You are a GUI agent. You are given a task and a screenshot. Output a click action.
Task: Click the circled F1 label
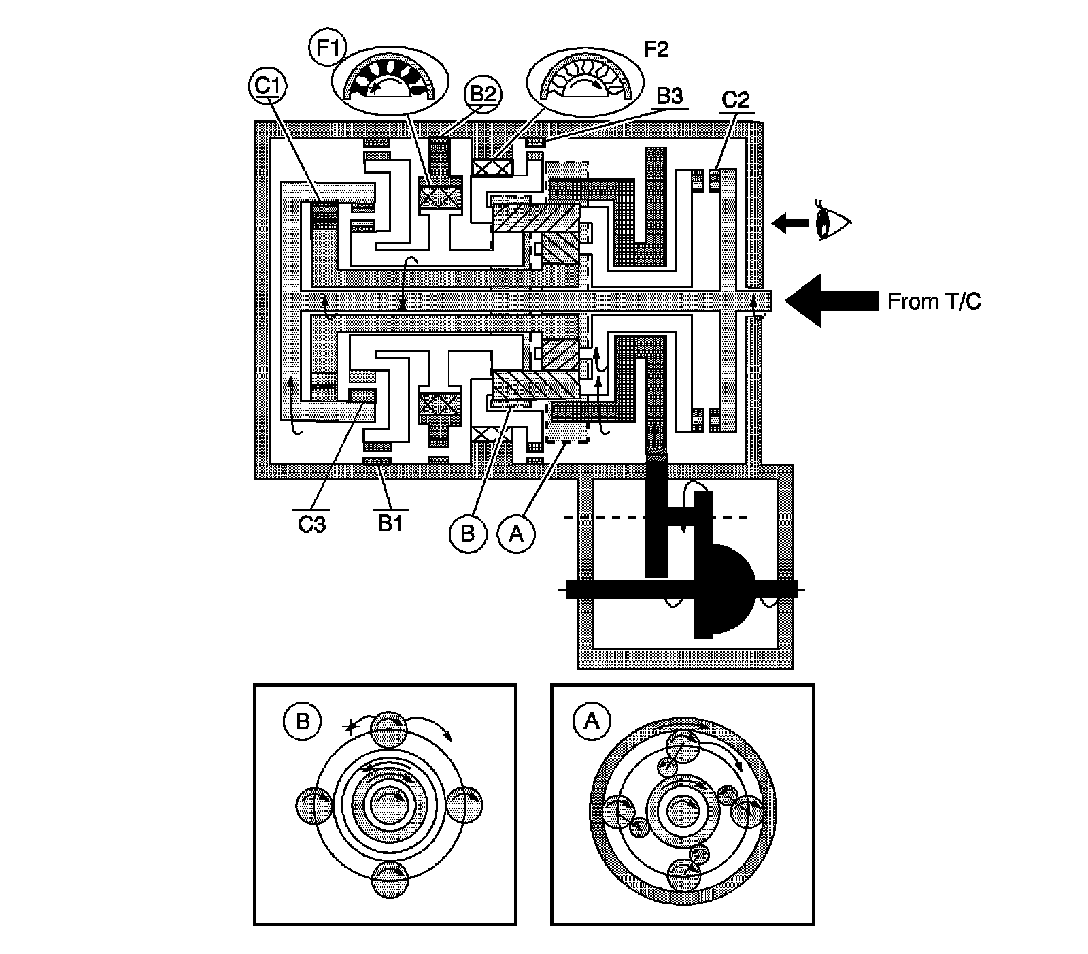click(x=327, y=48)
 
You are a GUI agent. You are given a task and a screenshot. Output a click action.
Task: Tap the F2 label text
click(x=656, y=49)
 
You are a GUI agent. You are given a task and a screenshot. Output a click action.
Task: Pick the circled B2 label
click(x=482, y=95)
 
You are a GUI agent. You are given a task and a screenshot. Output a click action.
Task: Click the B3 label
click(x=669, y=97)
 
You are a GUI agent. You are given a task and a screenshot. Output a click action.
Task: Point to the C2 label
click(x=735, y=99)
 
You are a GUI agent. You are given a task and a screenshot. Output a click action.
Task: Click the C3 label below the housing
click(x=312, y=524)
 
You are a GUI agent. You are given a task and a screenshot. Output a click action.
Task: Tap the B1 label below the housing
click(x=390, y=523)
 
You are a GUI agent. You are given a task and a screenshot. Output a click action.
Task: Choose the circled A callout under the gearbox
click(x=516, y=533)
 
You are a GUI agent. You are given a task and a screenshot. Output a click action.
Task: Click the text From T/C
click(x=934, y=301)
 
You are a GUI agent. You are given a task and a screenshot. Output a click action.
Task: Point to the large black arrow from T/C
click(x=831, y=300)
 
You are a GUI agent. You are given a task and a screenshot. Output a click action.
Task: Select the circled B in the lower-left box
click(x=303, y=721)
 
